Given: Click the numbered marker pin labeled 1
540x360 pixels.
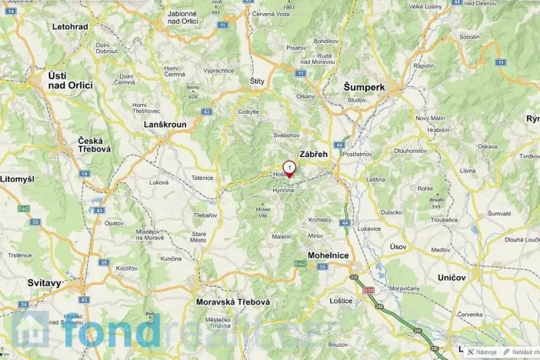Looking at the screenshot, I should click(288, 168).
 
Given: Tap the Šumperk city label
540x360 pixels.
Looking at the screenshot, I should click(364, 88).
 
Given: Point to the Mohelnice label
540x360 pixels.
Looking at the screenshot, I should click(328, 255).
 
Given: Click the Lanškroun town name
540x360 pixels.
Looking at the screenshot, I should click(165, 124).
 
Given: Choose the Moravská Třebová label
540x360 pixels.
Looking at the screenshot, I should click(232, 302).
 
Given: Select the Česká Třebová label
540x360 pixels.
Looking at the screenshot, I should click(95, 145).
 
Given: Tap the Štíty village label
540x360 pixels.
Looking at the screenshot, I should click(258, 81).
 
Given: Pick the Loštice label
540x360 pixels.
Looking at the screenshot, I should click(340, 301).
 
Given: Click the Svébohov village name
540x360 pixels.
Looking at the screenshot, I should click(286, 135).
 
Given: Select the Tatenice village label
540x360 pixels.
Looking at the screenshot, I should click(202, 178).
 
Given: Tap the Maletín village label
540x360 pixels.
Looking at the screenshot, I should click(282, 236).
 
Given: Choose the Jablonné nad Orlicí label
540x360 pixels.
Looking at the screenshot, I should click(182, 16).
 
